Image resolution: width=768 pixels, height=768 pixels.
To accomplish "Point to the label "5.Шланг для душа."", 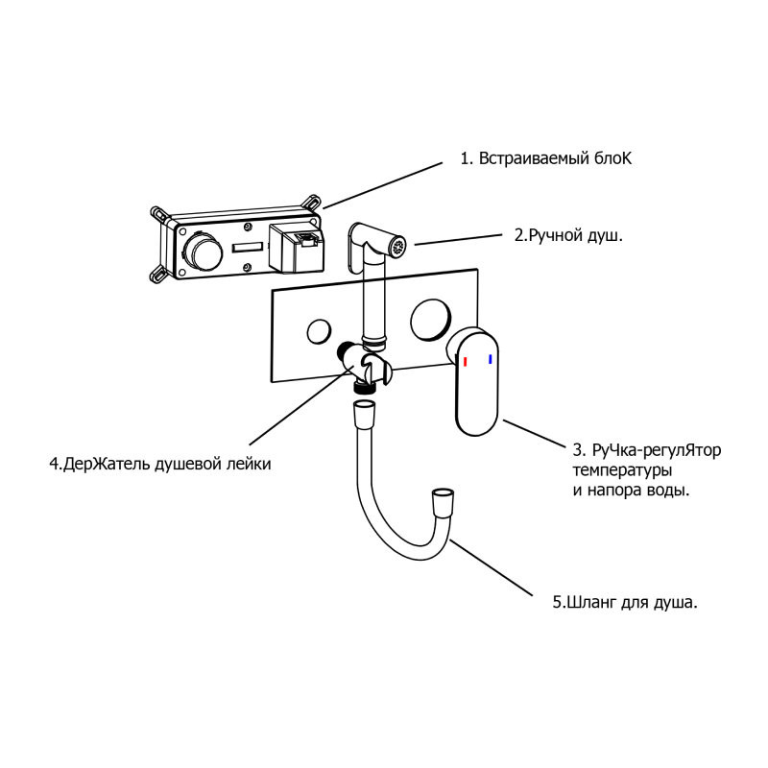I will click(624, 603).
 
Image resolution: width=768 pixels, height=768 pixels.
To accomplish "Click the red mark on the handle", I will click(466, 362).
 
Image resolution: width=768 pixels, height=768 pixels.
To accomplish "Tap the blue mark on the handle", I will click(491, 359).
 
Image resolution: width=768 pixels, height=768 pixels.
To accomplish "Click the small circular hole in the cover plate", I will click(318, 333).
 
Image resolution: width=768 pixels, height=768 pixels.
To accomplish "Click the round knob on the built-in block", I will click(201, 255).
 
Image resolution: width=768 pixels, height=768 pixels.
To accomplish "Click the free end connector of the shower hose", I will click(442, 501).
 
